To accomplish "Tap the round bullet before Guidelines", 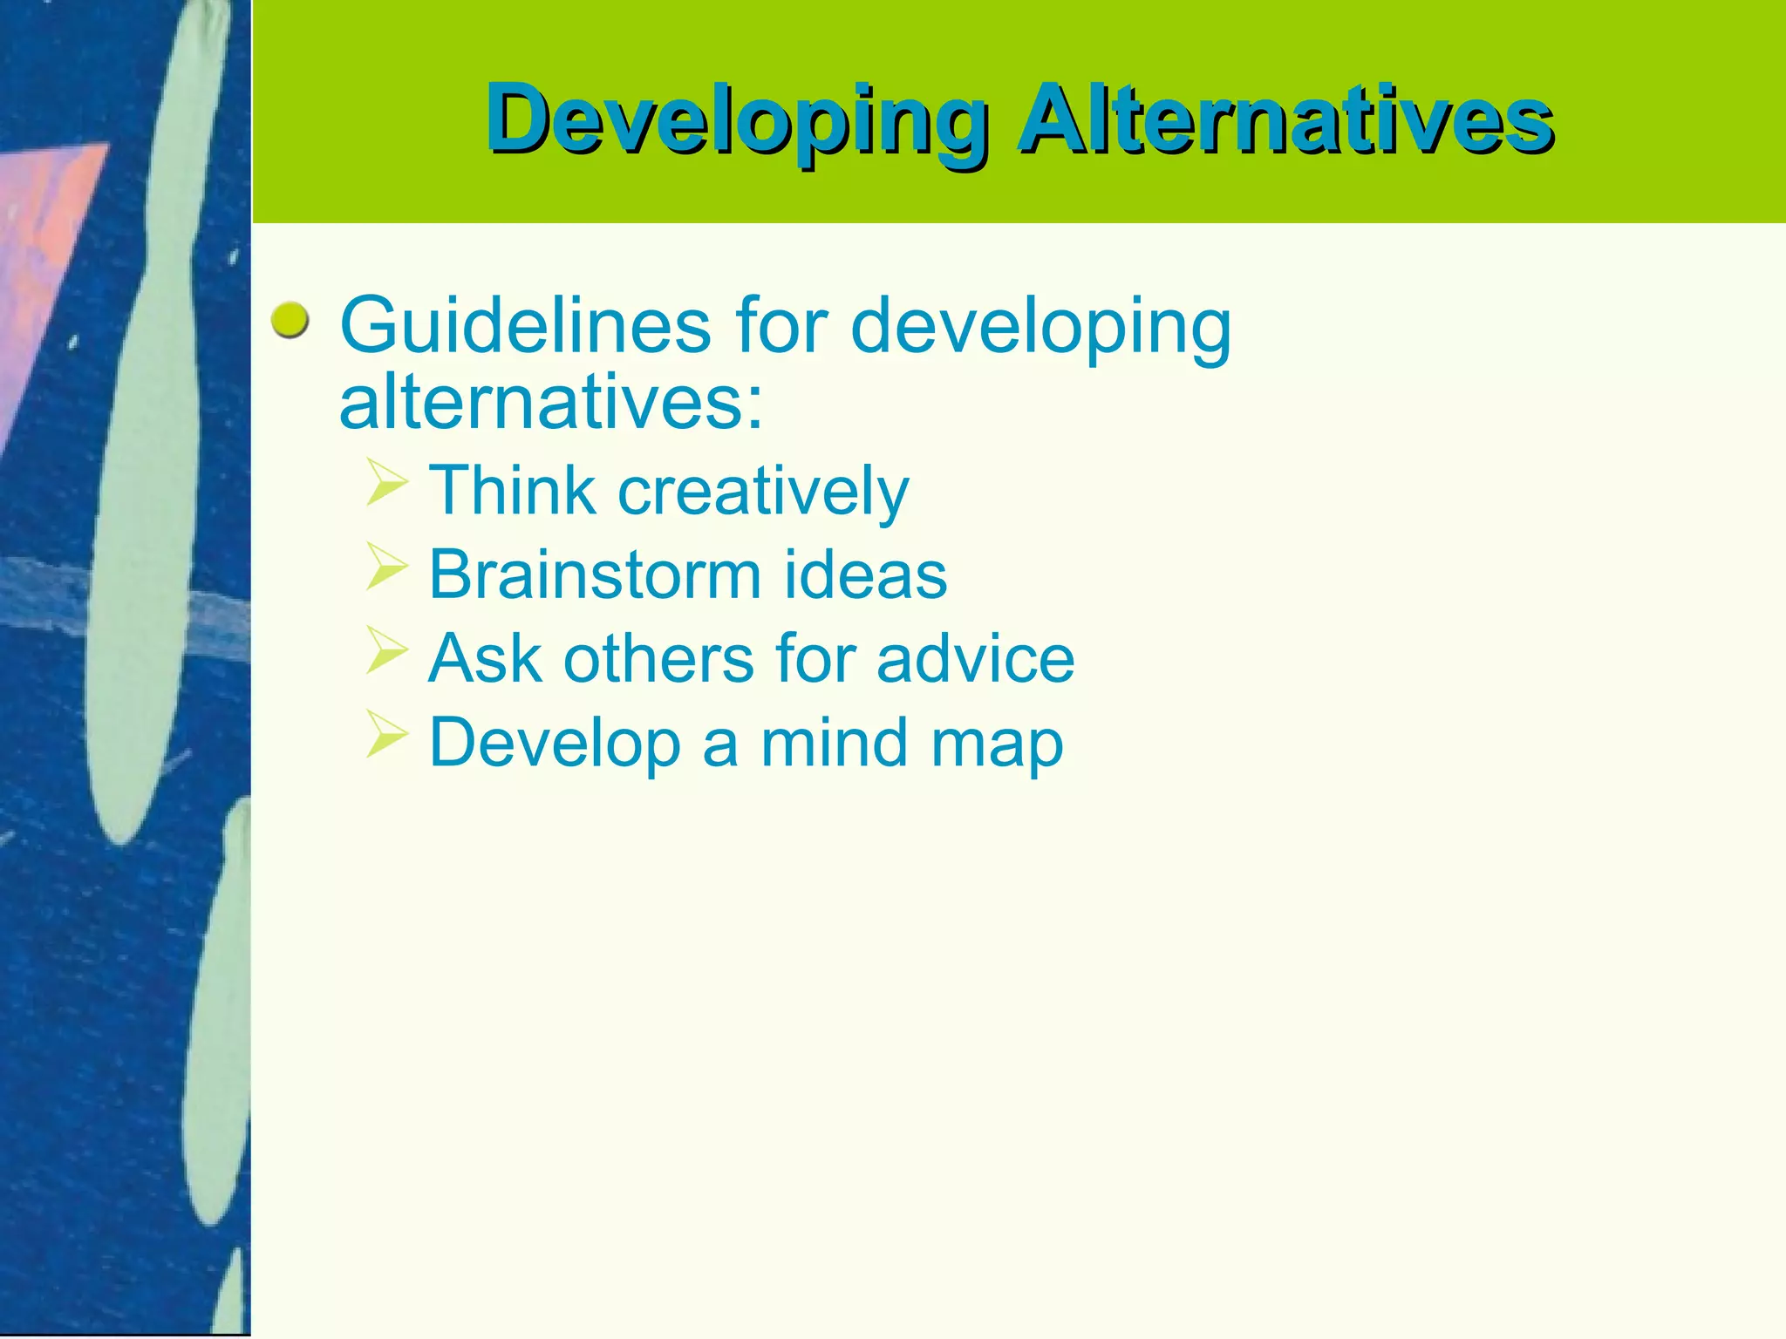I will click(x=290, y=321).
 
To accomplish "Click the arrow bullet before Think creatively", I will click(x=386, y=483).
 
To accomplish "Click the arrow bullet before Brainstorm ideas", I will click(x=386, y=567).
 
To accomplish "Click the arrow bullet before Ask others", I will click(x=386, y=650).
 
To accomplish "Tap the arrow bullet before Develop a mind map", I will click(x=386, y=734).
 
